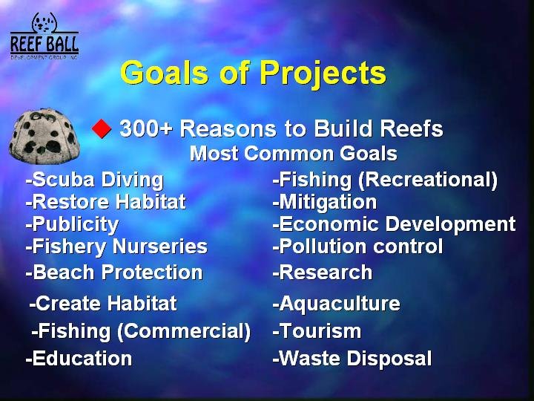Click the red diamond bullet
point(102,128)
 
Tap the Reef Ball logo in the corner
point(44,36)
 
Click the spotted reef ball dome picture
point(44,136)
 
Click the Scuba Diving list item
point(94,180)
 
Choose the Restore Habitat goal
point(105,201)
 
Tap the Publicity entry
point(72,224)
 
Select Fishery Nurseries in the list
point(116,247)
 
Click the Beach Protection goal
point(114,272)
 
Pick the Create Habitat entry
point(103,303)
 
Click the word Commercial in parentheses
point(184,330)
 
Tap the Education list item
point(79,359)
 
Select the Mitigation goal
point(325,202)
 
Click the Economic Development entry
point(394,224)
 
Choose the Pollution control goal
point(357,247)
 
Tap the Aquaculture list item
point(336,304)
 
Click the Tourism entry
point(317,330)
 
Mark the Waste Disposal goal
point(352,359)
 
